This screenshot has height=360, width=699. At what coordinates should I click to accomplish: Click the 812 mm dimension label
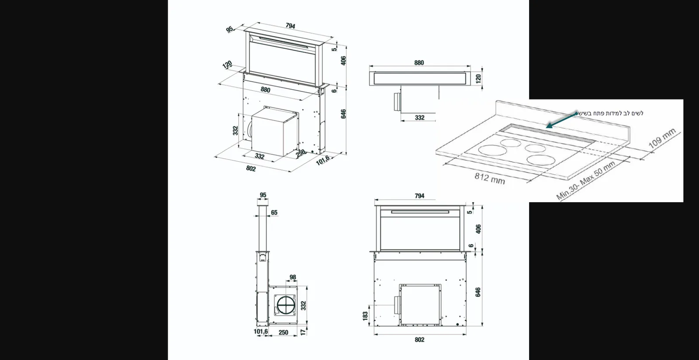[490, 179]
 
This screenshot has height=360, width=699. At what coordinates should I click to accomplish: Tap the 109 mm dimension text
[662, 138]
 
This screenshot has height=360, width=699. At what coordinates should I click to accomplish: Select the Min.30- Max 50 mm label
[585, 180]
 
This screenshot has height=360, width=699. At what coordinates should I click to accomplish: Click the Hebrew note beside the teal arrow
[611, 113]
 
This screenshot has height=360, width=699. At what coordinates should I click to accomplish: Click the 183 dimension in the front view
[365, 316]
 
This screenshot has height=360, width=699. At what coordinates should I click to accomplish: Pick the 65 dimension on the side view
[274, 213]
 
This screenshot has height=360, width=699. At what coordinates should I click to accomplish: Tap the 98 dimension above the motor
[293, 277]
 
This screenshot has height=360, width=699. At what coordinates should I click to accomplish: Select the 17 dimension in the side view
[303, 332]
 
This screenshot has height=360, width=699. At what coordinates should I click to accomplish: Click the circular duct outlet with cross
[286, 305]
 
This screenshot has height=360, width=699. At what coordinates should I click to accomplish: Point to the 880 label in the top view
[419, 63]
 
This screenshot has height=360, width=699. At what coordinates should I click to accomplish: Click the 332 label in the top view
[420, 118]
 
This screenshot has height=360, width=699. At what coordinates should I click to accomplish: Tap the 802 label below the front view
[419, 340]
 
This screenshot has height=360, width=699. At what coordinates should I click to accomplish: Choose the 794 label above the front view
[419, 196]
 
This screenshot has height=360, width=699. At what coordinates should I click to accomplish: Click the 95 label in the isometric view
[230, 29]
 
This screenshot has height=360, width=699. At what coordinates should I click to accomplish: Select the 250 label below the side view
[284, 332]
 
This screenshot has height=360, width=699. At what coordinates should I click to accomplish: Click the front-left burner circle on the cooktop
[493, 150]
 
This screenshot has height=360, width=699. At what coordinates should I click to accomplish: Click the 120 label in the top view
[478, 78]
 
